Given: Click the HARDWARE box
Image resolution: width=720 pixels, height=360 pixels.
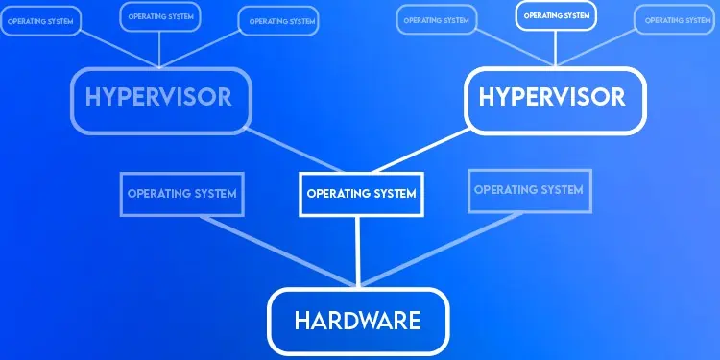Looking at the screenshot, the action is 358,320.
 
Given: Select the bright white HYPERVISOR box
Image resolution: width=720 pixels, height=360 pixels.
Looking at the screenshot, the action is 552,98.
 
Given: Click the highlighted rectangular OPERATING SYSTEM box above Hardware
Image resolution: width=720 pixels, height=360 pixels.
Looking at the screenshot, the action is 361,193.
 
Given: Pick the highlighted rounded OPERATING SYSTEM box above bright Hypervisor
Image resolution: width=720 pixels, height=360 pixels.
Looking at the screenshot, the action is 556,16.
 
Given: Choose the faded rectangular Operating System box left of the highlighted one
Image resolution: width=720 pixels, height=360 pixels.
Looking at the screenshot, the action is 181,193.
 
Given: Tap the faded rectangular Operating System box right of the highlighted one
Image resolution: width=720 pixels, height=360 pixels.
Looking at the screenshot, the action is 528,190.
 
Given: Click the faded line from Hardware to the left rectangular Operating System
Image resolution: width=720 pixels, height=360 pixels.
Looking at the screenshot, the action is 278,252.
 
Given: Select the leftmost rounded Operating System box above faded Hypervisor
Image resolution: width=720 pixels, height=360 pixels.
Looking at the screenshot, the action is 40,20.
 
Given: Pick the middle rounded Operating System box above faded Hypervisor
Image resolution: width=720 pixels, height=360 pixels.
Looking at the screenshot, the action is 159,16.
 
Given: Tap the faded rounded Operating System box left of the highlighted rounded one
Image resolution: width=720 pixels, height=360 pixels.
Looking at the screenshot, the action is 437,19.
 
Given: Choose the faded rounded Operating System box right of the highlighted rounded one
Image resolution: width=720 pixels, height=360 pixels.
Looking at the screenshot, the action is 678,19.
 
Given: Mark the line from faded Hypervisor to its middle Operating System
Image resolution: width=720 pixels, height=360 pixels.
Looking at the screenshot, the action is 158,48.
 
